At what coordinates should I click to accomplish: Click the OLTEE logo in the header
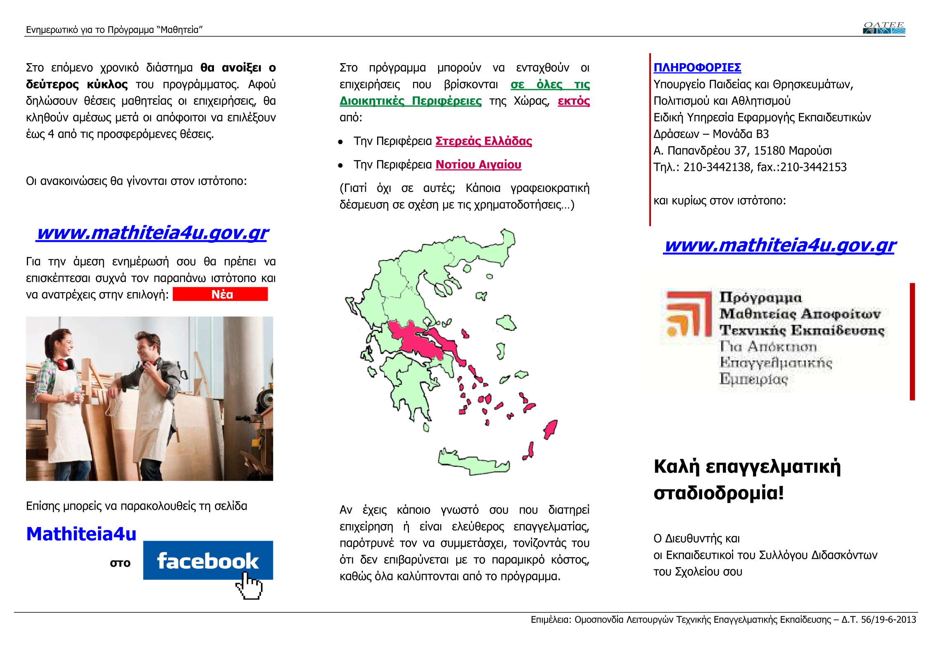point(884,28)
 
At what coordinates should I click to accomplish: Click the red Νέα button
point(220,294)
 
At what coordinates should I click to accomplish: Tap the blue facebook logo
point(208,560)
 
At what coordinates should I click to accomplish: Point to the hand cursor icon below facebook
point(249,586)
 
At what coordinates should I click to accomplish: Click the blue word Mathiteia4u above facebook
point(81,534)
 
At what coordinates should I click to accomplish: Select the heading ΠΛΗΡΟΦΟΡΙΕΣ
point(697,67)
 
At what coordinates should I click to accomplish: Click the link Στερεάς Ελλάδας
point(483,141)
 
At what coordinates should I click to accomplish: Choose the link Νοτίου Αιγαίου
point(478,165)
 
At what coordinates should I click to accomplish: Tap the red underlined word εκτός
point(573,101)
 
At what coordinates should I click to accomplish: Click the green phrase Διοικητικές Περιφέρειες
point(410,101)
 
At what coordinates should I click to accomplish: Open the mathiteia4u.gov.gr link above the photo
point(152,233)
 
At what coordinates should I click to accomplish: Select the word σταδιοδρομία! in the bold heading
point(718,493)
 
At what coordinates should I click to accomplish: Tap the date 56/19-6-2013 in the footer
point(888,619)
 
